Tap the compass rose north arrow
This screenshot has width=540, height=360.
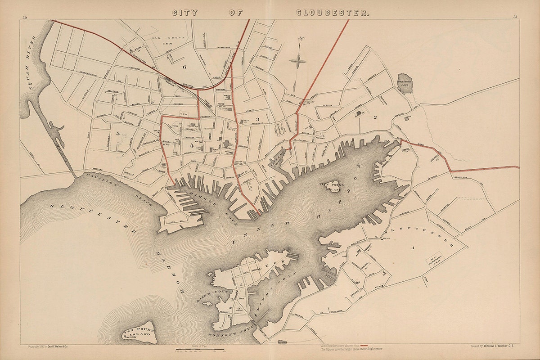pos(298,58)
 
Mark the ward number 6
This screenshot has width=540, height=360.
pos(184,67)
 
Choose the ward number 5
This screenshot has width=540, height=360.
pos(117,133)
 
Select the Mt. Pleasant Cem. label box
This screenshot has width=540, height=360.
pos(435,259)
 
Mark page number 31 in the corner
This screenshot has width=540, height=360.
pos(514,17)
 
